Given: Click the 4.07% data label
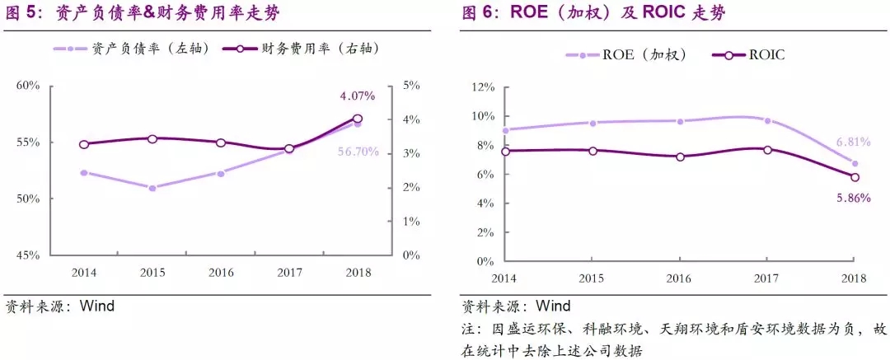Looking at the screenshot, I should pos(357,96).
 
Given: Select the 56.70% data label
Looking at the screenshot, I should pos(358,152).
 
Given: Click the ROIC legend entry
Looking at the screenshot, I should pos(752,54).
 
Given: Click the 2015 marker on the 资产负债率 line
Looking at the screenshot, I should pos(152,188).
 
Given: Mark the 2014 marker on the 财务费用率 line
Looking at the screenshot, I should pos(84,144).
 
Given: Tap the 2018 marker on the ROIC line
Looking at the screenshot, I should pos(855,177).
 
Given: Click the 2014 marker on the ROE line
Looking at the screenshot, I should pos(505,129).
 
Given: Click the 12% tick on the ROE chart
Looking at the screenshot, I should pos(481,86).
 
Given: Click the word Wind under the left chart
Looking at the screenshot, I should pos(96,306).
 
